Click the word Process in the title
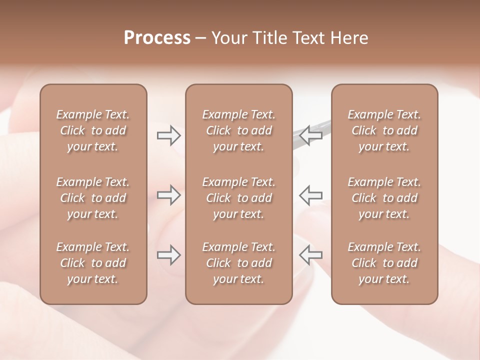(157, 38)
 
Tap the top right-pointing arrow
(168, 135)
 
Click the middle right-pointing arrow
(168, 195)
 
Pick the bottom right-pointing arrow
(168, 255)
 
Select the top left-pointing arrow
(311, 135)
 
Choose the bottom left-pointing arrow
(311, 255)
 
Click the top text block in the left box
(93, 130)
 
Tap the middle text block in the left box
(93, 198)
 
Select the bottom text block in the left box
(93, 263)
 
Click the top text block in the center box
(238, 130)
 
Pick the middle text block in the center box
(238, 198)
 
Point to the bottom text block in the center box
(238, 263)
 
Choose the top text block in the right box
(384, 130)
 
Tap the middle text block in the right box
(384, 198)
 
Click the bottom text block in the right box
(384, 263)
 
